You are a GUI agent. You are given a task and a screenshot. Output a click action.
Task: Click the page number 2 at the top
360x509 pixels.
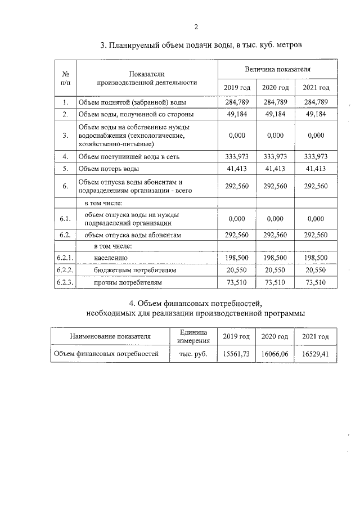tap(196, 26)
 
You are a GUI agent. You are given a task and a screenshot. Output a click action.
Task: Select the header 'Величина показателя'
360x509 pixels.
tap(277, 69)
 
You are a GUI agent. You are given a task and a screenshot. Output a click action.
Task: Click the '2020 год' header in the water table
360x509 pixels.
tap(276, 88)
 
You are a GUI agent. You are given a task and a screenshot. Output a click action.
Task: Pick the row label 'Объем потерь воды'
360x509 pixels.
tap(108, 168)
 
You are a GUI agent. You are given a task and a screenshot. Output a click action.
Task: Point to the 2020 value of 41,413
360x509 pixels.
tap(276, 168)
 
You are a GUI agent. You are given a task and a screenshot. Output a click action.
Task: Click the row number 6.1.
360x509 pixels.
tap(65, 218)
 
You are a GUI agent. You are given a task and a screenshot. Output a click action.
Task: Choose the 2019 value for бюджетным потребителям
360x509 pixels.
tap(237, 271)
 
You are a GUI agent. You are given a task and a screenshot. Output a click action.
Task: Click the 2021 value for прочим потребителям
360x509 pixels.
tap(316, 283)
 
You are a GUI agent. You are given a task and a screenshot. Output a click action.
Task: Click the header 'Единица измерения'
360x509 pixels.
tap(193, 336)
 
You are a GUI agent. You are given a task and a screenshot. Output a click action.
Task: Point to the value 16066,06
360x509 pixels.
tap(275, 354)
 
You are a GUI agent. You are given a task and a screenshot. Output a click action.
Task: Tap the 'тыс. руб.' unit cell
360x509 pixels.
tap(193, 354)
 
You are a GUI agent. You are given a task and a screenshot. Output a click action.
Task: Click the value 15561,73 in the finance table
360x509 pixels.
tap(236, 354)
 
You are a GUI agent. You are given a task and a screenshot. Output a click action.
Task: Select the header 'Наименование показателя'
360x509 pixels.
tap(110, 336)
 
